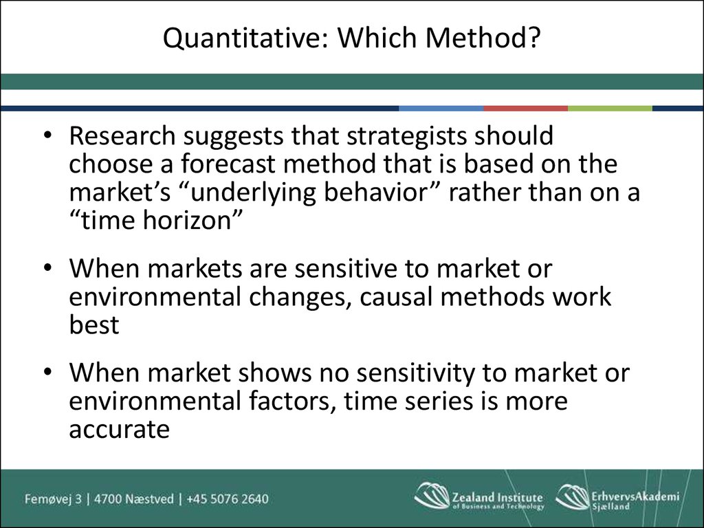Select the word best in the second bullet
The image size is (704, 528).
point(94,324)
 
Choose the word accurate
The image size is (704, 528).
point(120,430)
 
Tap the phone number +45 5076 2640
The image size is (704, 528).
point(228,499)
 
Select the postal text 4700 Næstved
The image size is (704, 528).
point(134,499)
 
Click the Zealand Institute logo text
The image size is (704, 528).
point(498,500)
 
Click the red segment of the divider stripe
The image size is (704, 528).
point(526,108)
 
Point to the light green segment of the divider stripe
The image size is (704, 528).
point(610,108)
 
